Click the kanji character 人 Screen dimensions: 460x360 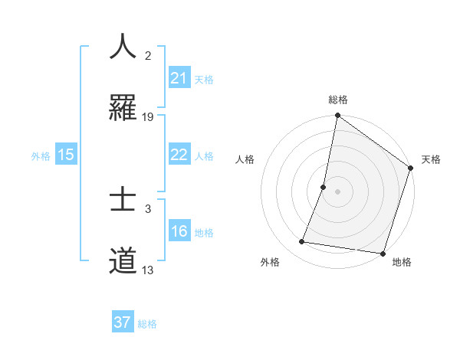tap(123, 47)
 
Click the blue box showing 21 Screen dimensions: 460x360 tap(179, 78)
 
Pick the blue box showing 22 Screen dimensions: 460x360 tap(179, 155)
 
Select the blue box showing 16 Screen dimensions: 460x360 tap(179, 232)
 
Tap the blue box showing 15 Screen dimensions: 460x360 tap(66, 155)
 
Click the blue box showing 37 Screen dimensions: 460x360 tap(123, 322)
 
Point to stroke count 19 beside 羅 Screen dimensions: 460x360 tap(148, 117)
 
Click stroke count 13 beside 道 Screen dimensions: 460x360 tap(148, 270)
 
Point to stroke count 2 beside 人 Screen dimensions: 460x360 tap(148, 56)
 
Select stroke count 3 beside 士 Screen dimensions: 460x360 tap(148, 209)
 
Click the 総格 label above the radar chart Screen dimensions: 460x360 tap(338, 100)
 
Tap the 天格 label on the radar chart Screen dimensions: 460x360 tap(431, 160)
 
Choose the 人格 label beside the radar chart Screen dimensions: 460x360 tap(245, 160)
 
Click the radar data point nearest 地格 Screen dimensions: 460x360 tap(383, 254)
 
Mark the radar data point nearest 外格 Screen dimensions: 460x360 tap(302, 242)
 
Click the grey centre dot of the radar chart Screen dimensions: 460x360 tap(338, 191)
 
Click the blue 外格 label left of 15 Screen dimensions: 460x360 tap(41, 155)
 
